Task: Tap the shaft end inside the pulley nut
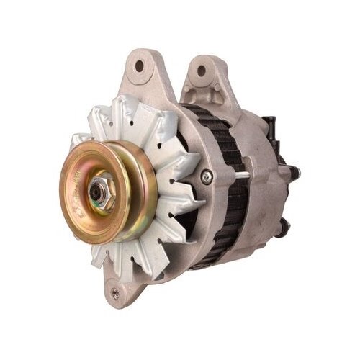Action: pos(97,191)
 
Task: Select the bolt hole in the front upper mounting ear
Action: pos(139,66)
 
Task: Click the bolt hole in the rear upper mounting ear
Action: pos(201,71)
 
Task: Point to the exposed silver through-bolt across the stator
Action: pos(238,174)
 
